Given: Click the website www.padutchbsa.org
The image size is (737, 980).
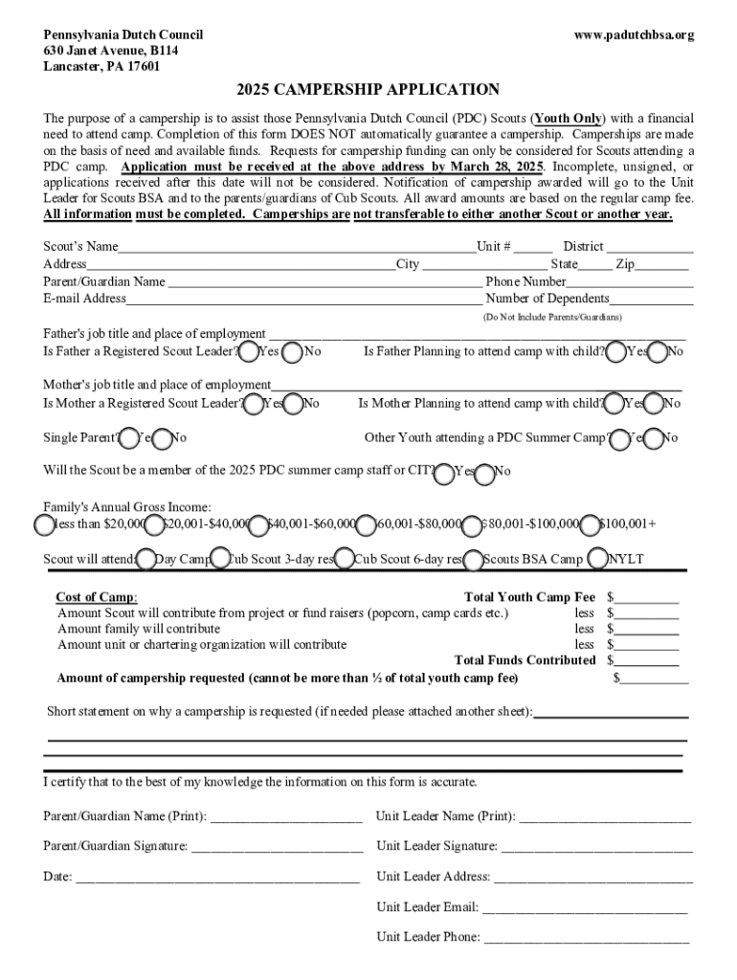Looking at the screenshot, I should tap(634, 35).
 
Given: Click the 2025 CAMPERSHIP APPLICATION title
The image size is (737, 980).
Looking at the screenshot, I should tap(368, 90).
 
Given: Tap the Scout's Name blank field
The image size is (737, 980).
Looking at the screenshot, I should tap(297, 247).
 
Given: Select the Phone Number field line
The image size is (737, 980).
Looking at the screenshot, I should tap(629, 282).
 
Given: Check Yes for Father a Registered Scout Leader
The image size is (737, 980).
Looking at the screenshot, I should tap(249, 352).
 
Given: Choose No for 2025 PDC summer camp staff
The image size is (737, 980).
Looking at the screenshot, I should tap(484, 472).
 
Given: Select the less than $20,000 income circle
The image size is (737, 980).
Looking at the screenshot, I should tap(44, 524).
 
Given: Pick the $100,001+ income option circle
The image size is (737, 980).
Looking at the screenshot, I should tap(590, 524).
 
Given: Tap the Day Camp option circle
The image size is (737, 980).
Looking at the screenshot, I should tap(146, 559).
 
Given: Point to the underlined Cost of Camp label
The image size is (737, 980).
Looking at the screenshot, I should tap(96, 597).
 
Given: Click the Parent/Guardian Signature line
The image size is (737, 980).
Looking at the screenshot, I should tap(277, 847).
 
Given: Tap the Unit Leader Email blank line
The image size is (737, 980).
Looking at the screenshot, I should tap(585, 908).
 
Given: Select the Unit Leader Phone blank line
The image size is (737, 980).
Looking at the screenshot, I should tap(587, 938).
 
